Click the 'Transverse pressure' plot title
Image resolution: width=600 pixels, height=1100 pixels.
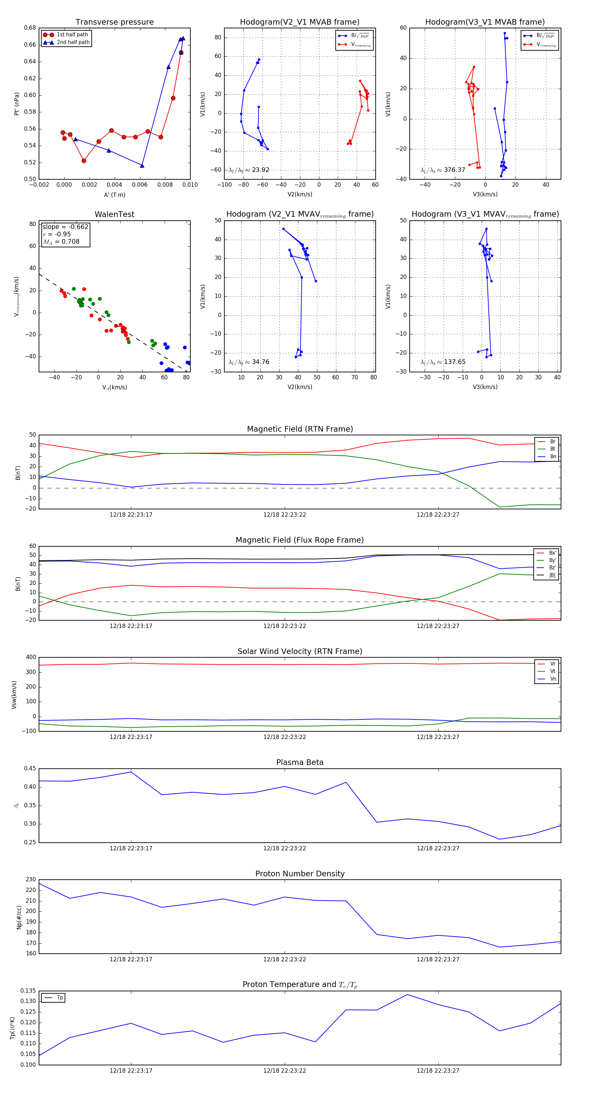tap(114, 22)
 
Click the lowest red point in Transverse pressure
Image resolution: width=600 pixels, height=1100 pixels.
tap(84, 161)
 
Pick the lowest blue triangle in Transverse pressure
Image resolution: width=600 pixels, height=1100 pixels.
tap(142, 166)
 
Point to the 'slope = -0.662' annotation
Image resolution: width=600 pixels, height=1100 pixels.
tap(65, 227)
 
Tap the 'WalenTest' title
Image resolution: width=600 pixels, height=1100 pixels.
tap(114, 214)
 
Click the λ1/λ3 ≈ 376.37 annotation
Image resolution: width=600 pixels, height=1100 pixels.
tap(443, 170)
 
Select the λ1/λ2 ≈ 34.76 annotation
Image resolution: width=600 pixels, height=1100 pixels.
tap(249, 362)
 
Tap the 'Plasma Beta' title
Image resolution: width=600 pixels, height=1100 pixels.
tap(300, 763)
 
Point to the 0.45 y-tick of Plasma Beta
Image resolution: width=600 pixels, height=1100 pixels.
tap(30, 769)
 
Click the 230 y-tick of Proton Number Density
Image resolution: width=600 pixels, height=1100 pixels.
tap(31, 880)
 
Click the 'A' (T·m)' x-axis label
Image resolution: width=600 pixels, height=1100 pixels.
tap(114, 195)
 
